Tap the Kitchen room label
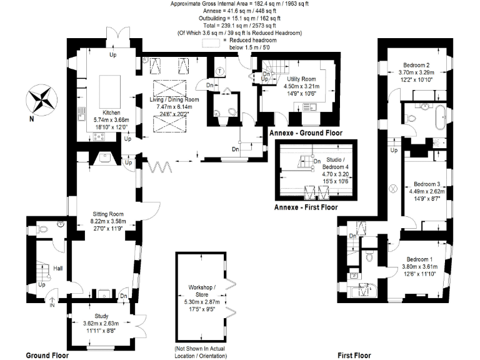click(102, 103)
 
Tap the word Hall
click(58, 268)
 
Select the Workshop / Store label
click(201, 292)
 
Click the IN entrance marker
click(52, 305)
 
